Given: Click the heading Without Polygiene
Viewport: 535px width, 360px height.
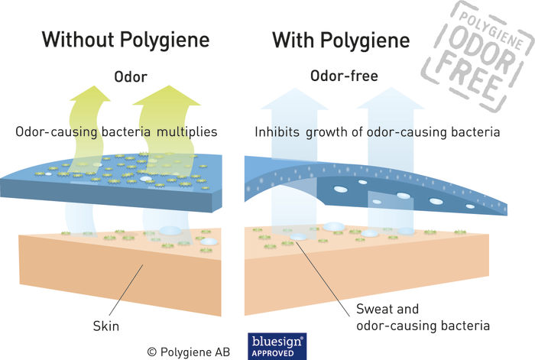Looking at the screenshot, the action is click(125, 41).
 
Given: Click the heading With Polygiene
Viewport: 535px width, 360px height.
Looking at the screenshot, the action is click(341, 41).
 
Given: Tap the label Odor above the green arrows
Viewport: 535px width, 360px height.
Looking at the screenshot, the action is click(131, 76).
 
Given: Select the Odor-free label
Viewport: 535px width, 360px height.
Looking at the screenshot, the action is click(344, 76).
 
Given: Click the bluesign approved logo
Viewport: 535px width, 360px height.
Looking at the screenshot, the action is click(277, 346).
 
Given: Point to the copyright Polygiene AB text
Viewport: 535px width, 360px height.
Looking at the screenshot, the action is click(188, 352).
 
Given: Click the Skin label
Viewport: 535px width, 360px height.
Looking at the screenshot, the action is click(106, 326).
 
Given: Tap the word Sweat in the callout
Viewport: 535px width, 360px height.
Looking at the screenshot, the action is click(374, 309).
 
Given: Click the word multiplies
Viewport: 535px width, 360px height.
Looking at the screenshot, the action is click(187, 132).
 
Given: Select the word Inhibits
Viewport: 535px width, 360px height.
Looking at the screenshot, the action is click(277, 131).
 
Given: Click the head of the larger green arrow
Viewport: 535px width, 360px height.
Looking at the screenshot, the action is click(167, 96).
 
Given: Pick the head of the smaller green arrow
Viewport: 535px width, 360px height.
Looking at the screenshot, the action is click(90, 93).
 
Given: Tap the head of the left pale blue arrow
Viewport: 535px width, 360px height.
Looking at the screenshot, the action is click(294, 99).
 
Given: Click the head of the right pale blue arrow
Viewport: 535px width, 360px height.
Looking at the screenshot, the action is click(391, 99).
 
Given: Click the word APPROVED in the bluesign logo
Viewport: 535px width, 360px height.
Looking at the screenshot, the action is click(273, 353).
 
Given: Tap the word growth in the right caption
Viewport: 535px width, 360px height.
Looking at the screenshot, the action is click(326, 132).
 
